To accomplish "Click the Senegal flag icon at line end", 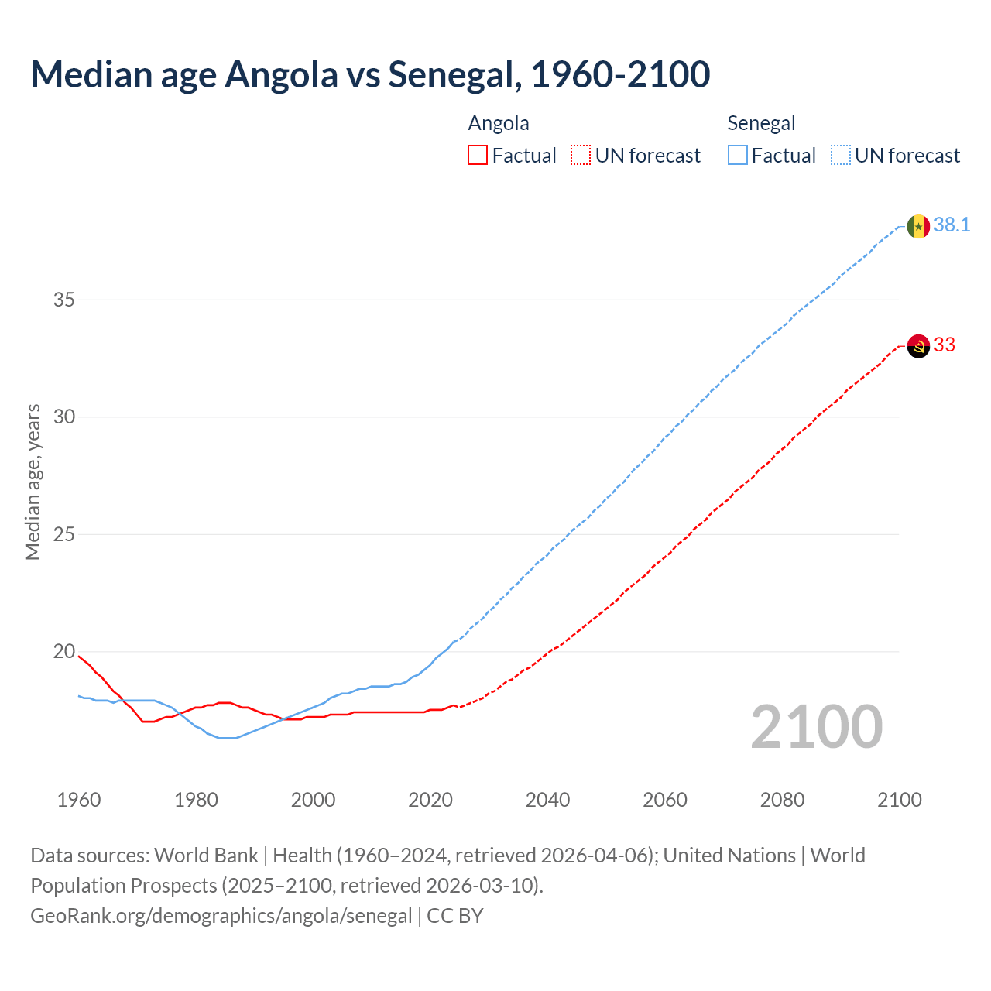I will [918, 226].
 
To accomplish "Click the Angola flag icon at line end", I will [918, 346].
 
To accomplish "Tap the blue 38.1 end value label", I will [952, 225].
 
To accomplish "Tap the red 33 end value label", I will [945, 345].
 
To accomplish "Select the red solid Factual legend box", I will [478, 156].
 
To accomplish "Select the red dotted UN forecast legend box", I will [581, 156].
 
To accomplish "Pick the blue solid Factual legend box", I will [738, 156].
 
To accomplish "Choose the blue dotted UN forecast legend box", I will [840, 156].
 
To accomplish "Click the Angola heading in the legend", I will [499, 124].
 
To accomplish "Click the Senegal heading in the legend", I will [761, 124].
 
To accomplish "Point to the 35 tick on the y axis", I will [63, 300].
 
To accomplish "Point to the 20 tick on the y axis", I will [63, 652].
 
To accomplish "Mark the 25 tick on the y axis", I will [63, 534].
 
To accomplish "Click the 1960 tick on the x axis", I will [79, 800].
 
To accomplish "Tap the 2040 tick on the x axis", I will [547, 800].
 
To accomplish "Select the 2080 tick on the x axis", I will [782, 800].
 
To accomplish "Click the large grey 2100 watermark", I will [816, 727].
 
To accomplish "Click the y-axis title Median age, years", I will [33, 482].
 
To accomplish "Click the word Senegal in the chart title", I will [451, 75].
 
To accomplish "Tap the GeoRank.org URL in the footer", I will [221, 916].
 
